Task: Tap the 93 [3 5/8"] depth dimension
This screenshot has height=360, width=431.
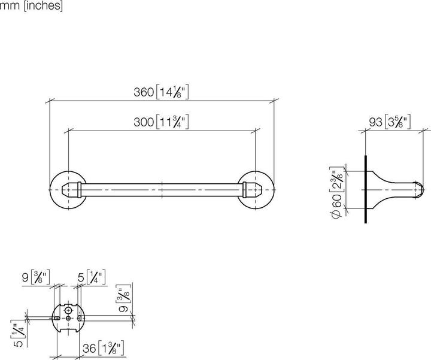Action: [x=389, y=122]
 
